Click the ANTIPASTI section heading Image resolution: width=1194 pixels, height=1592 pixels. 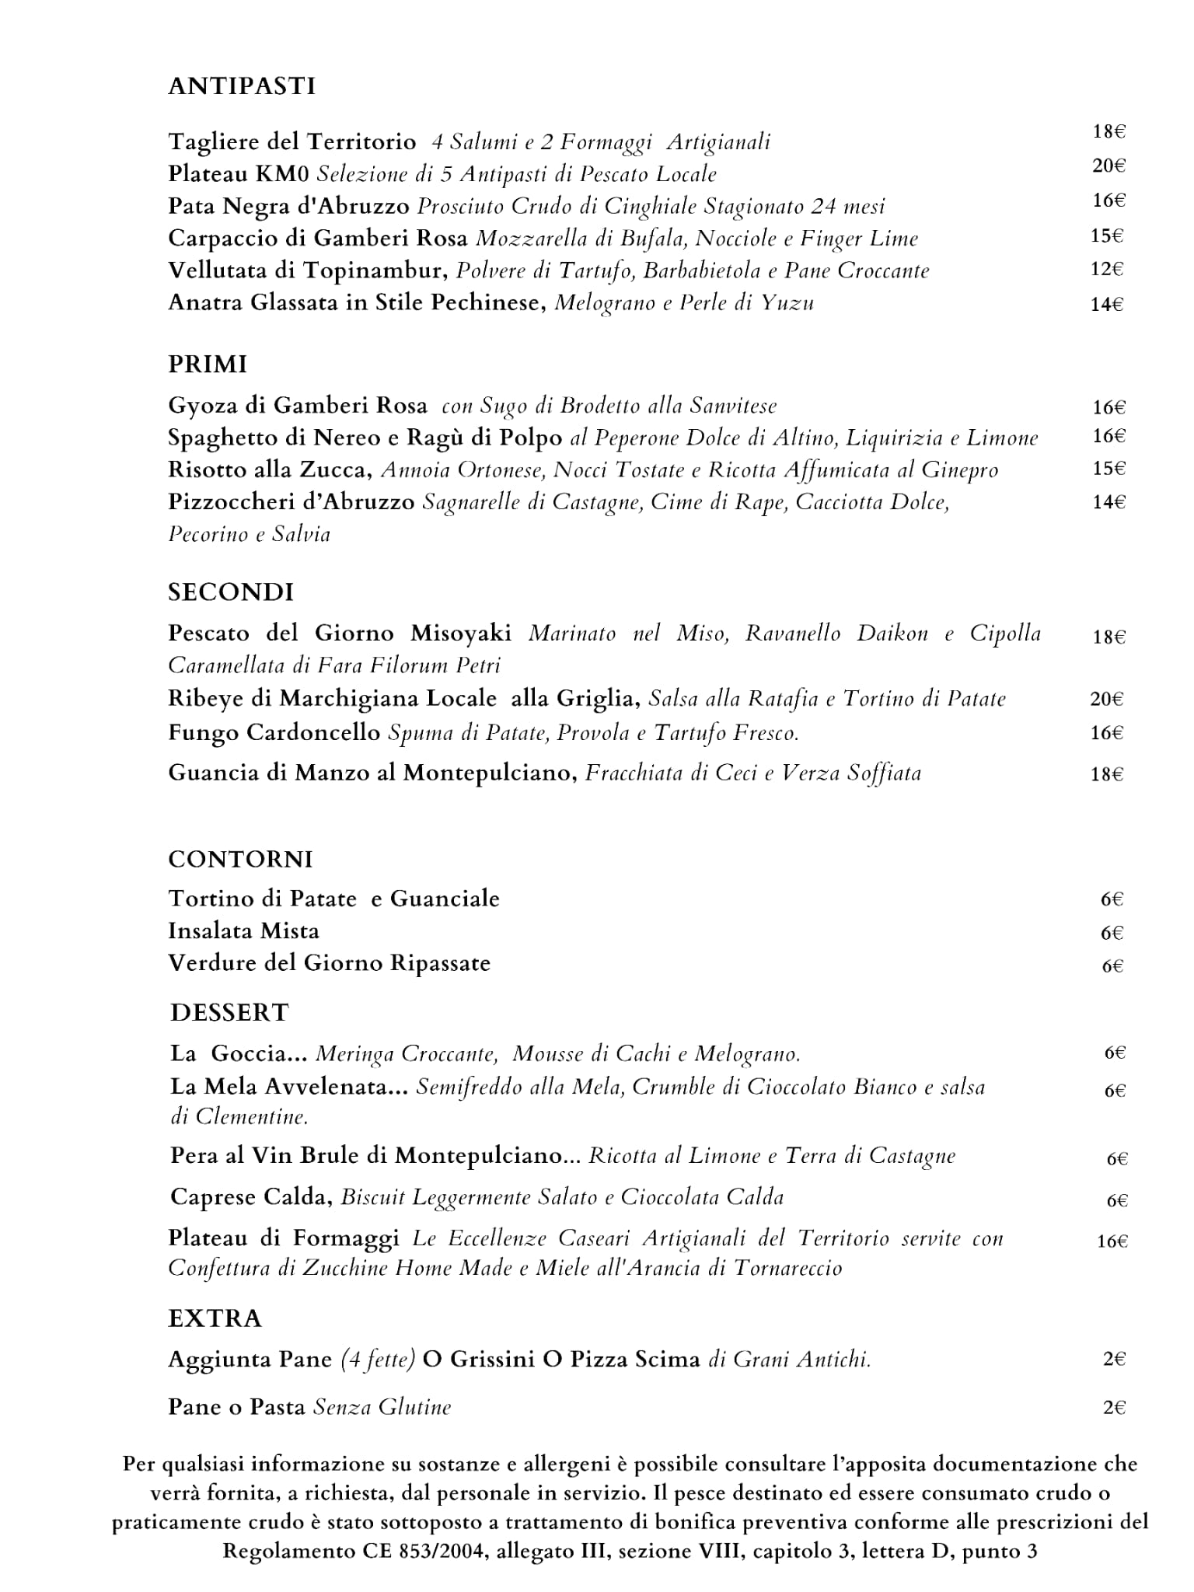(242, 86)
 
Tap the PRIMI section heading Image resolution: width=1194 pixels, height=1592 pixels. (208, 364)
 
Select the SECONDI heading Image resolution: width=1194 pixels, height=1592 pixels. (231, 592)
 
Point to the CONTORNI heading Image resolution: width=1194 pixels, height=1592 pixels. (240, 859)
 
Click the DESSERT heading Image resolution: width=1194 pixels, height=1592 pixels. (229, 1012)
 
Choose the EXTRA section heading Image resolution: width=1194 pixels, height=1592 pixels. (215, 1318)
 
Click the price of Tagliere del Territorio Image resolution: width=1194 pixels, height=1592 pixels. (1109, 131)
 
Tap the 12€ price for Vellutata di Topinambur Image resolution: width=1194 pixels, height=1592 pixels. (1107, 269)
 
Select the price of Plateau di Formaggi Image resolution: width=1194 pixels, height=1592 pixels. (1112, 1241)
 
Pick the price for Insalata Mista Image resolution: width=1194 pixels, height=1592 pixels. (1112, 933)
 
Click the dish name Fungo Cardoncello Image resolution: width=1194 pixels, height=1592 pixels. (274, 732)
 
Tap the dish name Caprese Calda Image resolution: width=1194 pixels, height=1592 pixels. (251, 1197)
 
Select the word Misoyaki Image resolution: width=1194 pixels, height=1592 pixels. (461, 633)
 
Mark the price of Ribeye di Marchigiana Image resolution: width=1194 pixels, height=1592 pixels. (1107, 699)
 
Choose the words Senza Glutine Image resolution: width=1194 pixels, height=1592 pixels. (382, 1407)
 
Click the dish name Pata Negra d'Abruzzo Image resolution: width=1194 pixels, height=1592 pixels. (288, 206)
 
